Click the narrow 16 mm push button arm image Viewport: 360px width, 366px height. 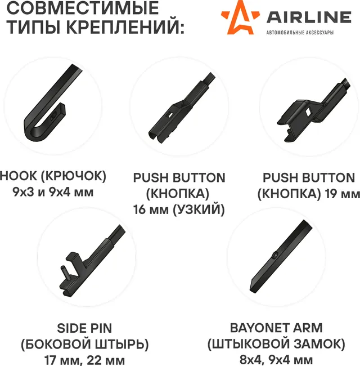point(179,107)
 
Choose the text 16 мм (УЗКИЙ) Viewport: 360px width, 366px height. point(179,210)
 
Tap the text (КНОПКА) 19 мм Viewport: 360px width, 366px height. point(308,194)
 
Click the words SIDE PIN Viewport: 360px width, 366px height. point(84,328)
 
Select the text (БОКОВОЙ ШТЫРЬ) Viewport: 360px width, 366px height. point(84,343)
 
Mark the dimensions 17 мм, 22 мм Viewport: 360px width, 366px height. point(84,359)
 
